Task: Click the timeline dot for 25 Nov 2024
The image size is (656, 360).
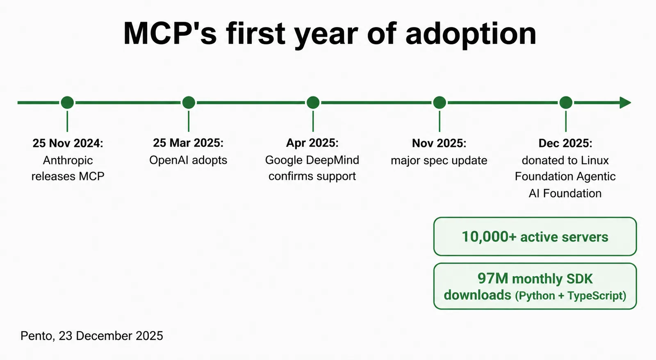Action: (67, 103)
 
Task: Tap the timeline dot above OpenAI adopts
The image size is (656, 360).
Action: (189, 103)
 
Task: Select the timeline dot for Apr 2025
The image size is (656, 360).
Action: (313, 103)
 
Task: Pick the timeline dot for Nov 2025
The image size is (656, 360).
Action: (440, 103)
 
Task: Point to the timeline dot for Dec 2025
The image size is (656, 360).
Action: (566, 103)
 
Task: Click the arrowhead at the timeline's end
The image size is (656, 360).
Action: (625, 103)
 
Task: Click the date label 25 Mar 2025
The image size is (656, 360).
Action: (188, 143)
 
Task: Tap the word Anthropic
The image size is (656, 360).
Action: (68, 161)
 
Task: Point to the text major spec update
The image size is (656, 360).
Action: (439, 161)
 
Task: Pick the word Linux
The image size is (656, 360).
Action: (595, 160)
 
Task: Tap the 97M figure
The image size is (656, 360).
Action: (493, 278)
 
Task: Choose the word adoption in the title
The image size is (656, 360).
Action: (471, 34)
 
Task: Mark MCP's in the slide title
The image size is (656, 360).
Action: (170, 33)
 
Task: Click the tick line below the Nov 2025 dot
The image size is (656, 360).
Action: (440, 121)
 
